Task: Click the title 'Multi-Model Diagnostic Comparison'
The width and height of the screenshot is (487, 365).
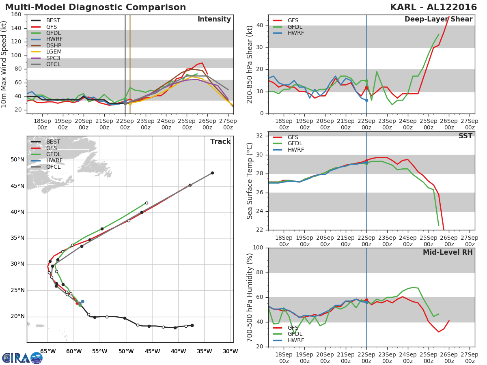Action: pos(95,7)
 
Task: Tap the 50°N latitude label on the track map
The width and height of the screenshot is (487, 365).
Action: pos(17,160)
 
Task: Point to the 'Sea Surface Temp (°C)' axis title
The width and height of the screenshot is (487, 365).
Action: pos(250,181)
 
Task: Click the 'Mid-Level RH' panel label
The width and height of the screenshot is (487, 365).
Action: pos(447,252)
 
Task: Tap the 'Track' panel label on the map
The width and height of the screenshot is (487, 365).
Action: pos(220,142)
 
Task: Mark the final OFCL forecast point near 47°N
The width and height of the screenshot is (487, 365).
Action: pos(212,173)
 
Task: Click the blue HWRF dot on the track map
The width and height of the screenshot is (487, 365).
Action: pos(82,302)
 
